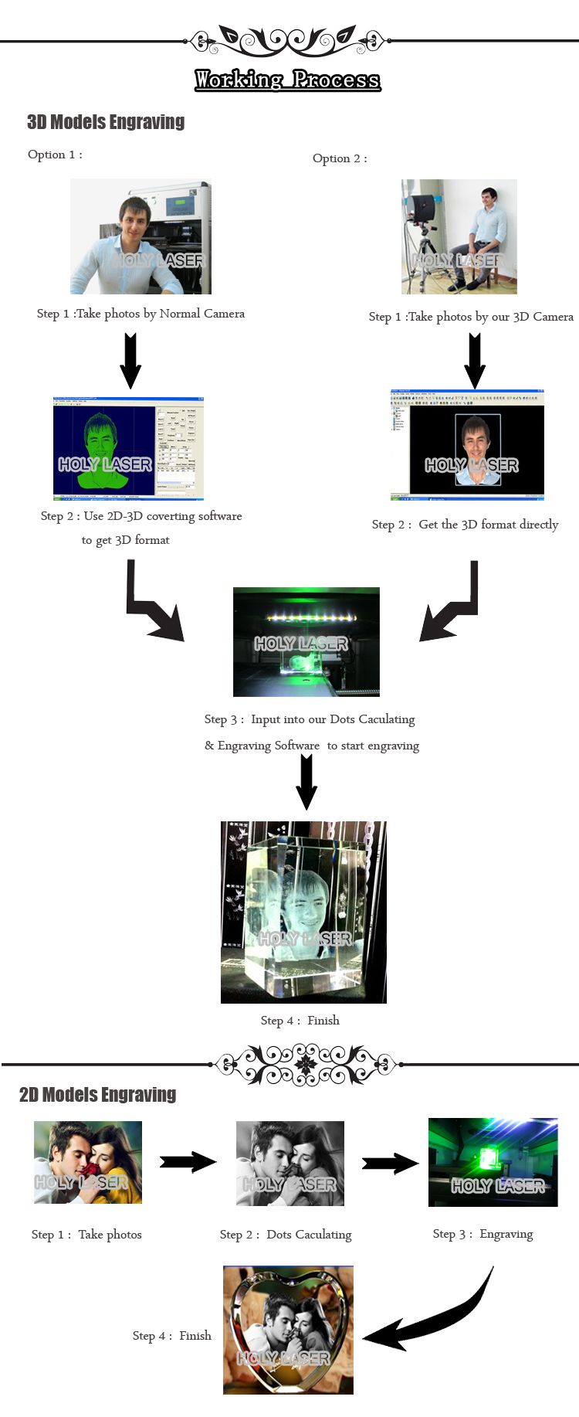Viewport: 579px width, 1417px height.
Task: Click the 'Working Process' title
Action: [287, 80]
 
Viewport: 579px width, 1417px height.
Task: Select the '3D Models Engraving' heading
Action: [106, 122]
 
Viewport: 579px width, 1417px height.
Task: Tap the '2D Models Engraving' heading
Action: [97, 1094]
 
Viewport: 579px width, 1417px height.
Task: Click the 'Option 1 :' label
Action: [55, 155]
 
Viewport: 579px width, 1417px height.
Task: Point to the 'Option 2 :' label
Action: [340, 158]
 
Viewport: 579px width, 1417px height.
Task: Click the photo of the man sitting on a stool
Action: [459, 236]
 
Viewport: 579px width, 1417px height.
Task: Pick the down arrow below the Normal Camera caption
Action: [130, 360]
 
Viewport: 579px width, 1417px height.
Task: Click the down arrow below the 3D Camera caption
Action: [475, 360]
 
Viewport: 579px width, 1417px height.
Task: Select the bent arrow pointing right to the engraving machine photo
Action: [153, 603]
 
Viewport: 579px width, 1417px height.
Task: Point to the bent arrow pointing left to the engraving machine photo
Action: [451, 603]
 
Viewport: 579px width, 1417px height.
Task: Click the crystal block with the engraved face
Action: [303, 912]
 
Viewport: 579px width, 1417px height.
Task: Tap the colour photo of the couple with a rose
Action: [88, 1162]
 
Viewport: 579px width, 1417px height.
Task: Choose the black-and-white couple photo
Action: [289, 1163]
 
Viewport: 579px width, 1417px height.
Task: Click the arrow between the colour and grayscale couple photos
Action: [188, 1162]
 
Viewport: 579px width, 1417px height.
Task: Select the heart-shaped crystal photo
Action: [288, 1330]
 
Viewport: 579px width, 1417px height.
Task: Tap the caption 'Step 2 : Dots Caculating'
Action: [286, 1235]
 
